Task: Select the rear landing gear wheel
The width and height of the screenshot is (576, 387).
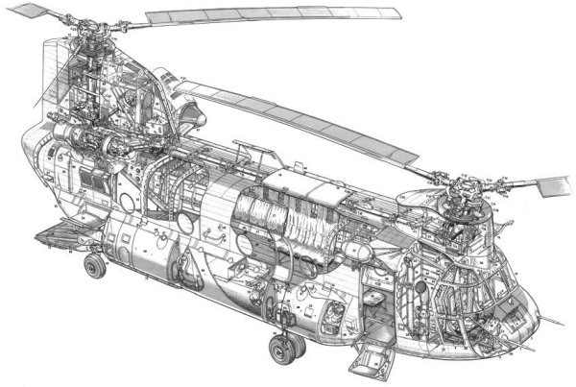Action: click(x=94, y=265)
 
